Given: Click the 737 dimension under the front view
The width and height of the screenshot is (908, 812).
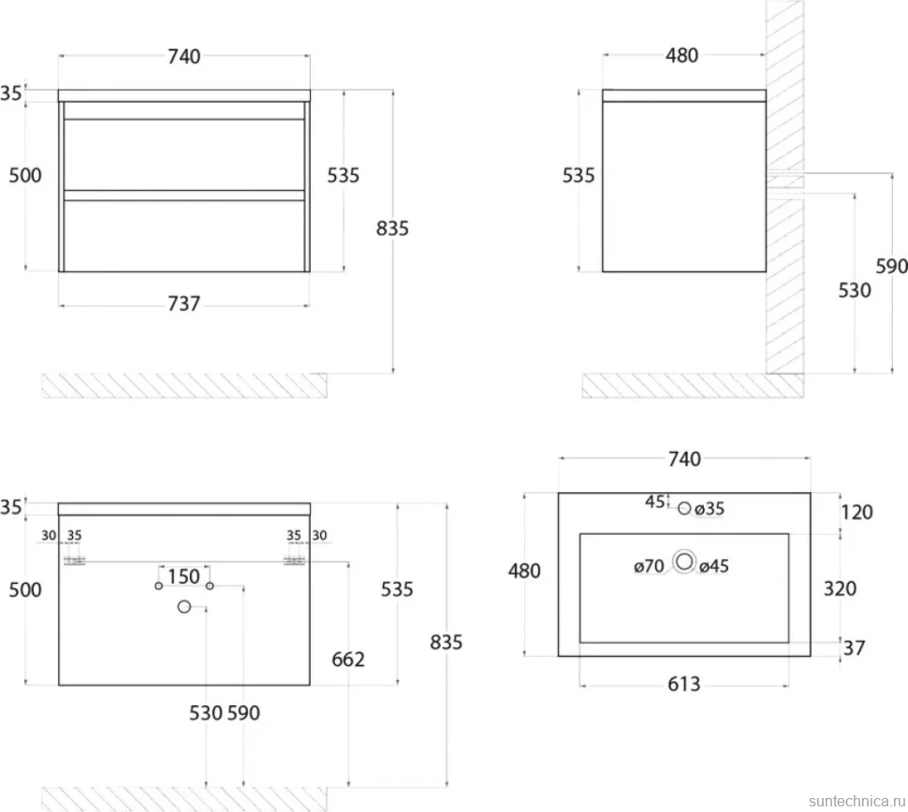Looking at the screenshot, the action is click(184, 303).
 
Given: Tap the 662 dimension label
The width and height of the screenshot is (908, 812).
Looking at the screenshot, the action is click(348, 660).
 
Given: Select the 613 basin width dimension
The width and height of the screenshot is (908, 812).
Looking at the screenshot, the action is click(684, 684).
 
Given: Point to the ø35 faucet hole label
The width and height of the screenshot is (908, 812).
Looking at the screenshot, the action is click(710, 509).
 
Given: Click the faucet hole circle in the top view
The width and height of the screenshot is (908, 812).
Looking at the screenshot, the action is click(684, 508).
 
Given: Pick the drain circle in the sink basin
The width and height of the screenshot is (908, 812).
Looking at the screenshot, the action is click(684, 561).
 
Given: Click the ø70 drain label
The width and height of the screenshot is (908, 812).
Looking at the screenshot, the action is click(649, 565).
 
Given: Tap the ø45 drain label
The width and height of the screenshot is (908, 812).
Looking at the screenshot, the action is click(714, 565).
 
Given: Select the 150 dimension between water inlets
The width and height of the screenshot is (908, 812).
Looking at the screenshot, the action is click(183, 576).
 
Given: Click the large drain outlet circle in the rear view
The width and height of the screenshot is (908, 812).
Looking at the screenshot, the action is click(184, 606).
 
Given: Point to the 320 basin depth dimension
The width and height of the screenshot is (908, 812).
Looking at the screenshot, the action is click(840, 588).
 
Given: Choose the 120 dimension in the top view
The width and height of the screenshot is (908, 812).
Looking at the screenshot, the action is click(857, 512).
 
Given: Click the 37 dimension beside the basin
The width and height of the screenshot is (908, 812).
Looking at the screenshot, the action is click(854, 647).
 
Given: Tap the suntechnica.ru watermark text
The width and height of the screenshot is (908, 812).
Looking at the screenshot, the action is click(857, 801).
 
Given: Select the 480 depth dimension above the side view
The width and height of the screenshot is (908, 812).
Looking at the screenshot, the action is click(681, 55).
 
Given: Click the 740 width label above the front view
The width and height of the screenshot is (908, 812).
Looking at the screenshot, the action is click(184, 56).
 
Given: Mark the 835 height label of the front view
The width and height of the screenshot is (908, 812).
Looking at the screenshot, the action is click(392, 228).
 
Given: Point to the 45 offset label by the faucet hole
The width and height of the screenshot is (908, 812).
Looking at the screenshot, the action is click(655, 501).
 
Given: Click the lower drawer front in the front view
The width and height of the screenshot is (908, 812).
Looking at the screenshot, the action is click(184, 236).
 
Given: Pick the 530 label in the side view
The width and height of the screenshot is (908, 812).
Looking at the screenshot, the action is click(854, 290).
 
